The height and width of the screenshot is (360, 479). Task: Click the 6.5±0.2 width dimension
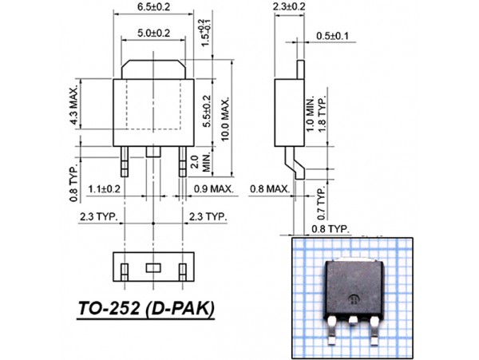[x=154, y=6]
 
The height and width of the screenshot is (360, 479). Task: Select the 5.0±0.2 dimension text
[x=154, y=33]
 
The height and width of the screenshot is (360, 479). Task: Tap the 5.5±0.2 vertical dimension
[x=208, y=112]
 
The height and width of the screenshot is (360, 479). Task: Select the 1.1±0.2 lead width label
[x=104, y=189]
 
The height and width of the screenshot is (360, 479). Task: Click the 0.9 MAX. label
[x=213, y=189]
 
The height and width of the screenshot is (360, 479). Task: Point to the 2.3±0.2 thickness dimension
[x=288, y=6]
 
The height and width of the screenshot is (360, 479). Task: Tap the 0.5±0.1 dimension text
[x=331, y=36]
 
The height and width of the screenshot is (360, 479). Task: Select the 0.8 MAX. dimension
[x=269, y=189]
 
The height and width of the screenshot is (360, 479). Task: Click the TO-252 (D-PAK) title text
[x=146, y=308]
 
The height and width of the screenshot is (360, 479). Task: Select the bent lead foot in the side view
[x=298, y=167]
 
